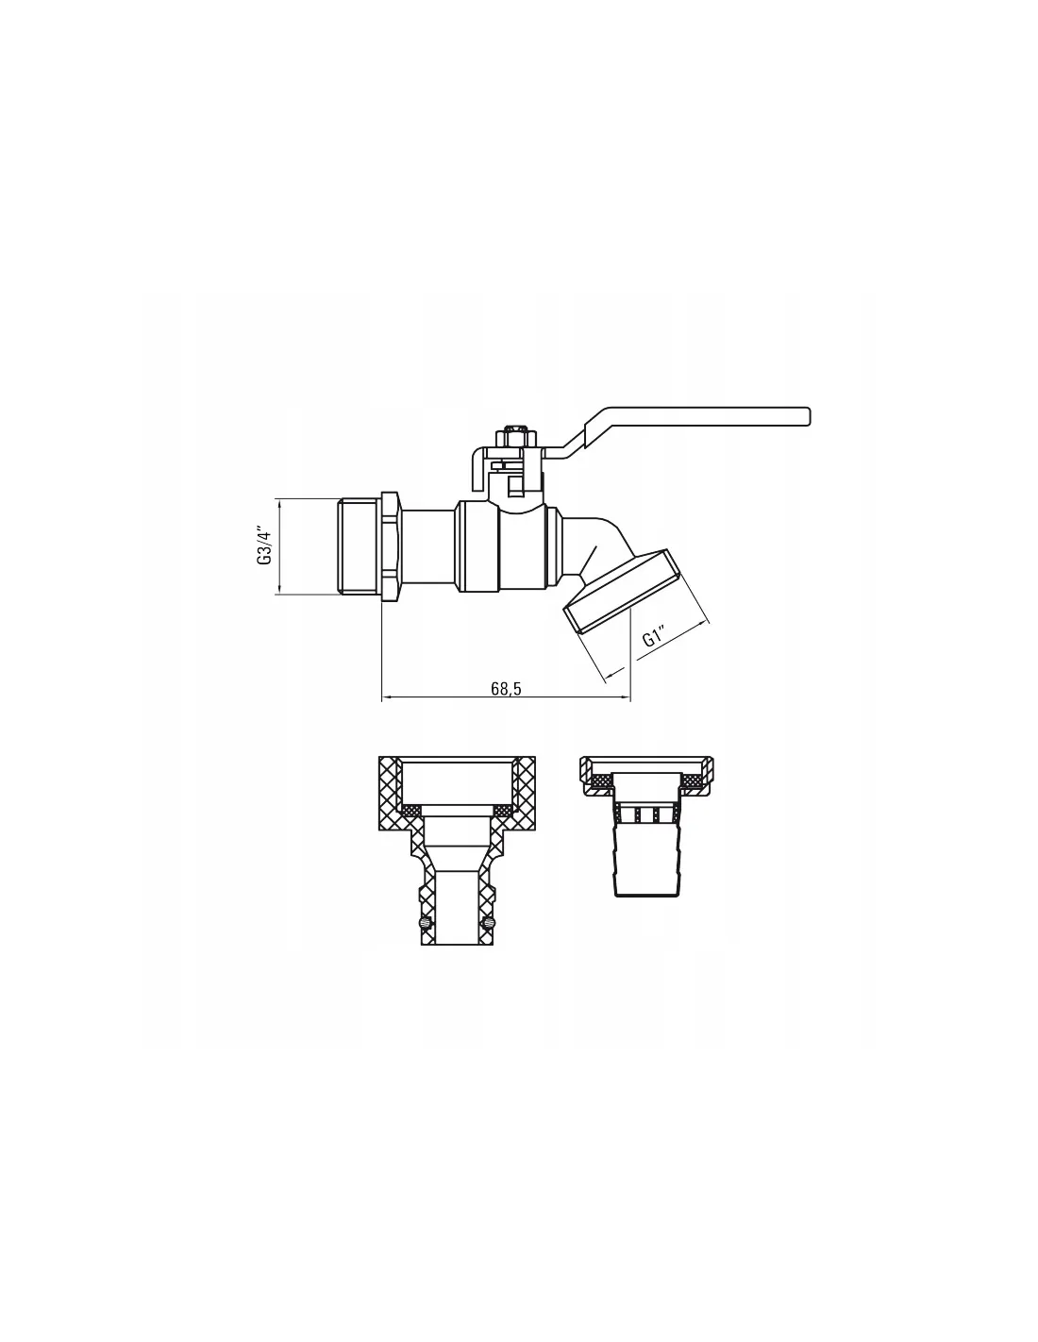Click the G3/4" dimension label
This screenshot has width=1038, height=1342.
264,545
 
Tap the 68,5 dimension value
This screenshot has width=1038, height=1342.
506,689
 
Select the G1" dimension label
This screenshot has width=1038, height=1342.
653,637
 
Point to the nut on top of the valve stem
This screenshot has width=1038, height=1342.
511,436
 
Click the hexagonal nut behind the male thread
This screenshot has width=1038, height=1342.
391,545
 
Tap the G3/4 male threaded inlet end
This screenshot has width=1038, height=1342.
360,545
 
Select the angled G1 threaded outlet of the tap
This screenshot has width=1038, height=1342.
620,591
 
